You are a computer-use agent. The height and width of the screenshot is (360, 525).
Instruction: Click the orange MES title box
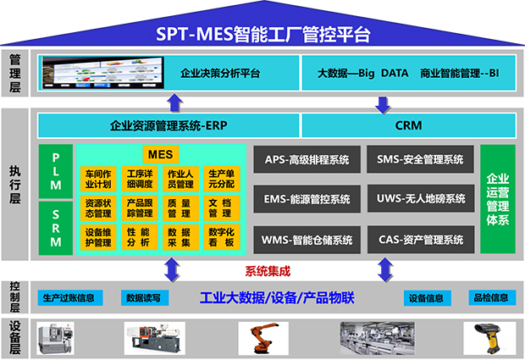161,154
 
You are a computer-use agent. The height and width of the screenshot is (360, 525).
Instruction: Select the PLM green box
56,171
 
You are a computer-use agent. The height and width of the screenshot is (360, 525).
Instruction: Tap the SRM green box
56,228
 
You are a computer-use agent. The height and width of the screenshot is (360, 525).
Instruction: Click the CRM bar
408,125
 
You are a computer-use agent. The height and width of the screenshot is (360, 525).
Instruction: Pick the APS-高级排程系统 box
307,159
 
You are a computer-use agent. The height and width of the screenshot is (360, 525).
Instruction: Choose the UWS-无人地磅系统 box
421,198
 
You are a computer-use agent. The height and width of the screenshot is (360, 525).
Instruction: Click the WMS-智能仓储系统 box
307,240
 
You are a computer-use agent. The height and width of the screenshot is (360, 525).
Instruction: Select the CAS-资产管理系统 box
421,240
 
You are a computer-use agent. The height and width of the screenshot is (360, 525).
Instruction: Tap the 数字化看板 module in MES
222,237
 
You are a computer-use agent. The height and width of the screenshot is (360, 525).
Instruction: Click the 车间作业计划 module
98,180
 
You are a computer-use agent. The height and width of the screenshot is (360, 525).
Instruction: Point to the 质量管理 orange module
180,208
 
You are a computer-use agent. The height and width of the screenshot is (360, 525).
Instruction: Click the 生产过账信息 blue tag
70,297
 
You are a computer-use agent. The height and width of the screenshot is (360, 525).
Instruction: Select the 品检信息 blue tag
492,297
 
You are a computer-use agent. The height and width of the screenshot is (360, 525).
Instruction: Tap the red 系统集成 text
268,271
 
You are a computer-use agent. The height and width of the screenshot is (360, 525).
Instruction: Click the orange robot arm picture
263,338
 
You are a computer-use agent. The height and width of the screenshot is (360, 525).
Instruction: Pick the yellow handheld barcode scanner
489,338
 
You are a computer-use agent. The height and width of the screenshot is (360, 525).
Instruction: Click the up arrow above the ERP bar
174,102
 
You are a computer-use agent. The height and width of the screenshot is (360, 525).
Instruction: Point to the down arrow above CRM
383,105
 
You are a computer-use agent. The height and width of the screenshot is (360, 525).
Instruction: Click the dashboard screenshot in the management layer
102,73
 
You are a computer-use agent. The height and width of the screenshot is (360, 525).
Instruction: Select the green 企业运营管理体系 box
498,199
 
